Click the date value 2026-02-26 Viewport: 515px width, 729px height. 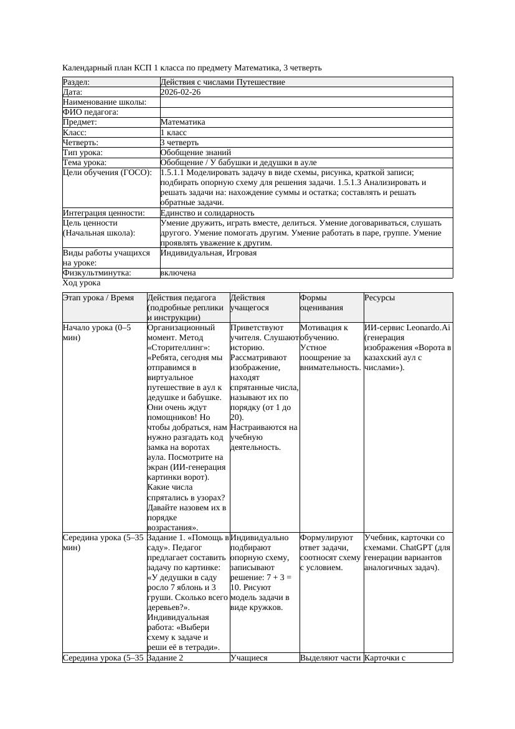(181, 92)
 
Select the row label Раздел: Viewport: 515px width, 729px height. (77, 82)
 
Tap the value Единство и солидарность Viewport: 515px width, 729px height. (207, 213)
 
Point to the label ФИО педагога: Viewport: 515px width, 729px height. (91, 112)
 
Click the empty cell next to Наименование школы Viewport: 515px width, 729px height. (305, 102)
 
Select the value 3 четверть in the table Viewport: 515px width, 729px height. (179, 142)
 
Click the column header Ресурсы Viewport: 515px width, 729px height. (380, 298)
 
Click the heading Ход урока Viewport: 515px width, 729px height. (82, 283)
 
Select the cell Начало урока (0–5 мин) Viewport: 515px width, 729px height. (97, 332)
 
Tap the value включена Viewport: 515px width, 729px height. (178, 273)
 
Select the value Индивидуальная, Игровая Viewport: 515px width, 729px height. (209, 253)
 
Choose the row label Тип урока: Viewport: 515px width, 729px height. (83, 152)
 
